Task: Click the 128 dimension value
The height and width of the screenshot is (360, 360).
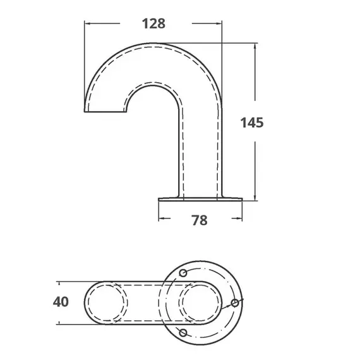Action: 153,23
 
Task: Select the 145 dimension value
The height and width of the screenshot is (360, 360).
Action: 252,123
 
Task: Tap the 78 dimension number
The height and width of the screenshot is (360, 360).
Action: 200,220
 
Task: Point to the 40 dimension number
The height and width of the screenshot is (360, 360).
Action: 61,302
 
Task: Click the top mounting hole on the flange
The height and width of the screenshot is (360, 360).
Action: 183,273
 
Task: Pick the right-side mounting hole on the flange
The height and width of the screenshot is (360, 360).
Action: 235,303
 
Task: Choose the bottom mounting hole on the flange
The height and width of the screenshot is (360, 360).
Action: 183,333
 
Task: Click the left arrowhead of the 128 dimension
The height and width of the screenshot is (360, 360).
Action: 88,23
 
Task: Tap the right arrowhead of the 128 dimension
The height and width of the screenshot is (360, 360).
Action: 219,23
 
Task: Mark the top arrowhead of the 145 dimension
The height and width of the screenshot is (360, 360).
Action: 255,47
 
